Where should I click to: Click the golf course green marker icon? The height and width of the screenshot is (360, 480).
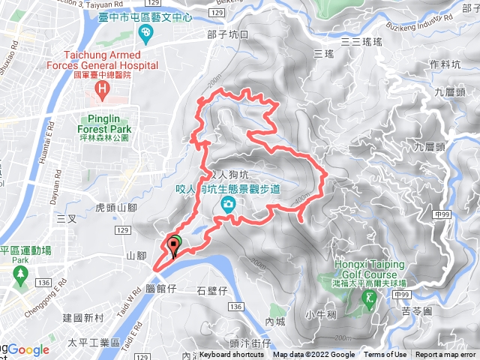[368, 298]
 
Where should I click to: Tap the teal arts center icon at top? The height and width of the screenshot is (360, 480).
[145, 32]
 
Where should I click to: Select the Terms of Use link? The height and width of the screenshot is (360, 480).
[385, 355]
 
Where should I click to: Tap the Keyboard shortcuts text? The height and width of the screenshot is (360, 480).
[232, 355]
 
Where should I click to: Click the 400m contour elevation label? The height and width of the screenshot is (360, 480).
[304, 199]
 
